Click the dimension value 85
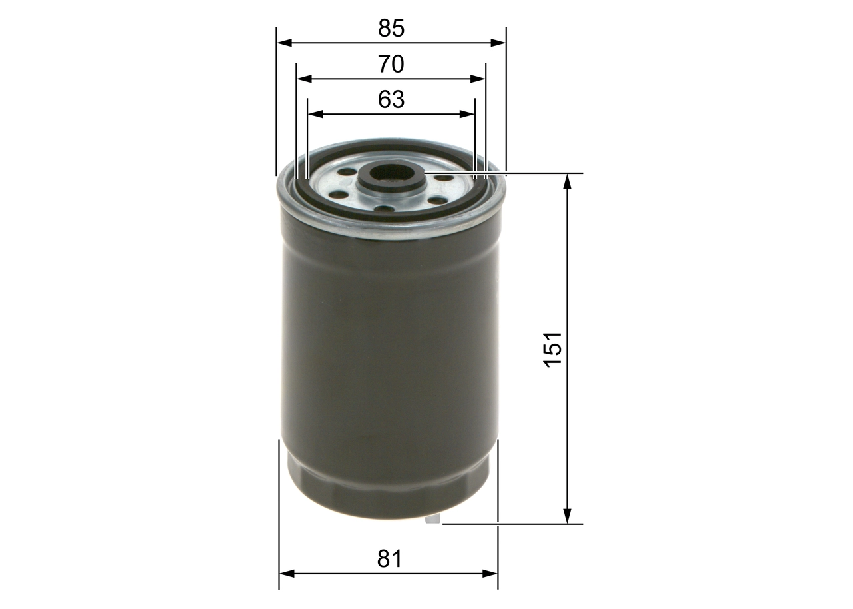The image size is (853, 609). (x=391, y=29)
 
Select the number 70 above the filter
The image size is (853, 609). (x=391, y=65)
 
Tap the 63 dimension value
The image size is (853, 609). (x=391, y=99)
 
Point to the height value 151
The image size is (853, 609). (x=554, y=348)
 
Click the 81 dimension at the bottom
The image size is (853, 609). (x=389, y=558)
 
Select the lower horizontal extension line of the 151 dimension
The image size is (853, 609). (x=520, y=524)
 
